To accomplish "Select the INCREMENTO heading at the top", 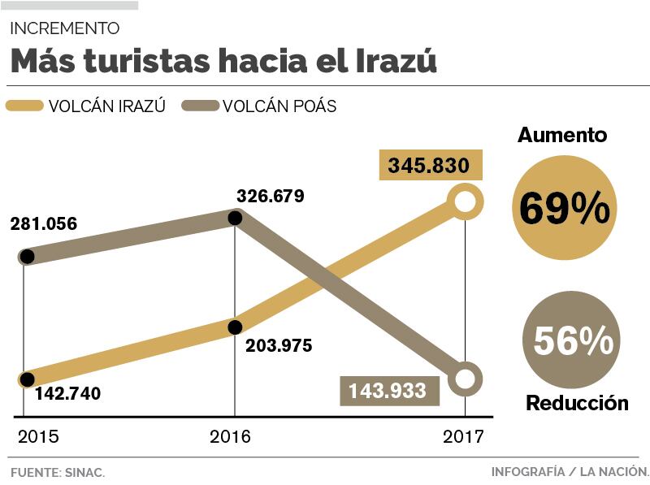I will pos(65,28).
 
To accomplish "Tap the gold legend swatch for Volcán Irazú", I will pos(24,106).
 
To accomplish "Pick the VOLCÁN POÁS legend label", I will pos(279,106).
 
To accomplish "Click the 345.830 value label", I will pos(429,167).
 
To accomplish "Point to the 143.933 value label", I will pos(388,391).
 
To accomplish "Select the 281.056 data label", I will pos(44,223).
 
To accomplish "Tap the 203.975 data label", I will pos(279,345).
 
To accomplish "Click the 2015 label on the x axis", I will pos(38,436).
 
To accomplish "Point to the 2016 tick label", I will pos(230,436).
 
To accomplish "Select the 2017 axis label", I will pos(463,436).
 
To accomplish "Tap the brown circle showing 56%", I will pos(573,342).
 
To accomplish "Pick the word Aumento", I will pos(562,135).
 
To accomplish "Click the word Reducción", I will pos(577,403).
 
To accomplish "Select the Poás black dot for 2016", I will pos(236,218).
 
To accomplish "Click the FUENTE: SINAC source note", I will pos(58,472).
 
